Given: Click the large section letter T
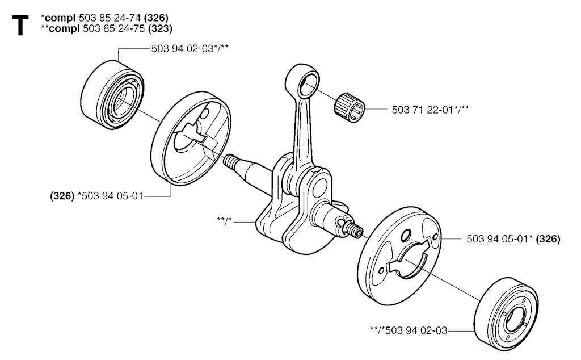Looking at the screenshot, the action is tap(20, 26).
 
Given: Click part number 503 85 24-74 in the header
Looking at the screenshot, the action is tap(110, 18).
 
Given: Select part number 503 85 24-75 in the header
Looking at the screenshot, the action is tap(114, 28).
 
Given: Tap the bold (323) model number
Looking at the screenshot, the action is tap(160, 28).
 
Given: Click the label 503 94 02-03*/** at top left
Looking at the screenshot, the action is tap(190, 49).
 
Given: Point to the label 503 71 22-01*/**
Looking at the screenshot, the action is tap(430, 110).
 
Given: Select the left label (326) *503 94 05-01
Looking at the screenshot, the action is tap(96, 196).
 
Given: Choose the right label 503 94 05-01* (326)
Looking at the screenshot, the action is tap(513, 239).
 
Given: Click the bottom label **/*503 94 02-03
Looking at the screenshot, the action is tap(409, 330).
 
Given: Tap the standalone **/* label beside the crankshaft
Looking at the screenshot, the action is tap(224, 220).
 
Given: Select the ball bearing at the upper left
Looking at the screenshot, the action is tap(112, 94).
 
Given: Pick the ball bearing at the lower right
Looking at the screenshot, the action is tap(506, 314).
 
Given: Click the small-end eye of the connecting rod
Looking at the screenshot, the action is tap(302, 78).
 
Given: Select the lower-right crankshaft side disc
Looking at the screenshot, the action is tap(400, 256).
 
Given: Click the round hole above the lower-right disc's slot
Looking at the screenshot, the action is tap(406, 235).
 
